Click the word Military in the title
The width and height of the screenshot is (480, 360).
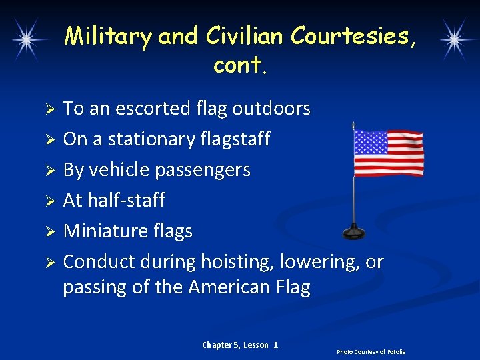click(x=108, y=36)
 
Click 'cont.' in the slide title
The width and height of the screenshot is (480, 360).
click(x=239, y=66)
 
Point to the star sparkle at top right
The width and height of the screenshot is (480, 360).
click(x=455, y=39)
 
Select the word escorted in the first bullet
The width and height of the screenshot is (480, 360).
click(x=151, y=108)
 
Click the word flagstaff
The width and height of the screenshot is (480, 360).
click(x=235, y=139)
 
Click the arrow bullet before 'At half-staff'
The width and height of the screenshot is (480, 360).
click(x=49, y=201)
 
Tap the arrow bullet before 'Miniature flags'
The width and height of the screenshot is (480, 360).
click(x=49, y=231)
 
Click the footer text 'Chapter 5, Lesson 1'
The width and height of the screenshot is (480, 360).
click(x=239, y=345)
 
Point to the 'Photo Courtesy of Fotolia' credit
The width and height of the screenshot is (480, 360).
click(x=371, y=351)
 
